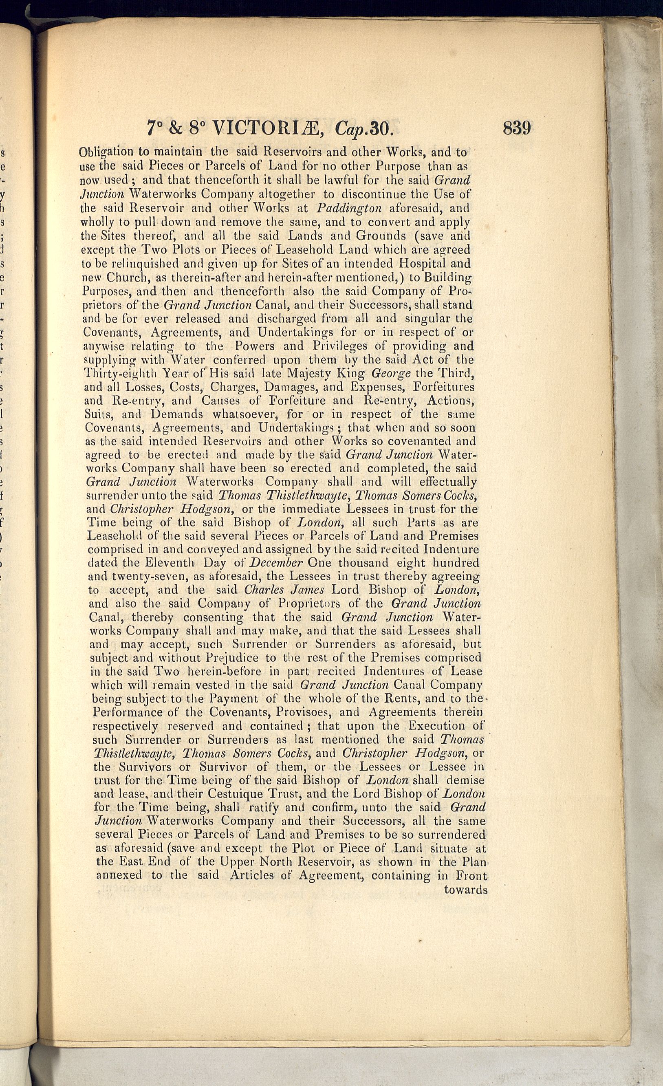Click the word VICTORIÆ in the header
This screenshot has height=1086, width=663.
click(269, 128)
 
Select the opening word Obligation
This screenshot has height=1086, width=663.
click(106, 152)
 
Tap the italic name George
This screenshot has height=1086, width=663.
click(391, 373)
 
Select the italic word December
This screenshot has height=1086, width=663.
click(276, 563)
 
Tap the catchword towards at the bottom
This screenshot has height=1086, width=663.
click(465, 890)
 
